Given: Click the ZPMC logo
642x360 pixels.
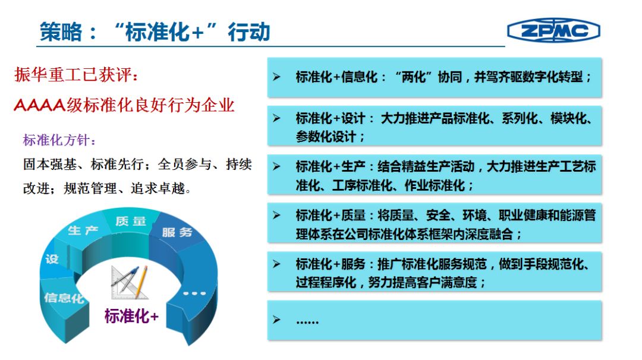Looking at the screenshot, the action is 553,30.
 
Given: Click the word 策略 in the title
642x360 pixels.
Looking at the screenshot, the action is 61,32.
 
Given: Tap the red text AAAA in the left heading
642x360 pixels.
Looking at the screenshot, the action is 40,105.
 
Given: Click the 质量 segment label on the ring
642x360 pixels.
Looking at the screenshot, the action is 131,222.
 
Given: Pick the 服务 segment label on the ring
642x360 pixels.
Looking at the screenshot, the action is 177,232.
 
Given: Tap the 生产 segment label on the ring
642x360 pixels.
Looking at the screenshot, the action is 83,230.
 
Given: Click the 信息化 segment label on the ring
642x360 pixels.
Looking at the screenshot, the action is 64,298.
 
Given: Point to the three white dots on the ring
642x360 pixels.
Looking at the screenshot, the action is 194,293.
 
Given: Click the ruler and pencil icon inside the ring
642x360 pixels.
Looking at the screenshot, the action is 130,282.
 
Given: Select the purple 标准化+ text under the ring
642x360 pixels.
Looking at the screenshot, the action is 131,316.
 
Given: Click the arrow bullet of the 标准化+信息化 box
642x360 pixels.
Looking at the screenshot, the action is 277,77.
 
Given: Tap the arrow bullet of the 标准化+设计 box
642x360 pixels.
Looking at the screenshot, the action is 277,118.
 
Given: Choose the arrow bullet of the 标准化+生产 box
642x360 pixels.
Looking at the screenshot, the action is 277,166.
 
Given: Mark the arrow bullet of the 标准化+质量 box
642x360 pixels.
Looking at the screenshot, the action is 277,215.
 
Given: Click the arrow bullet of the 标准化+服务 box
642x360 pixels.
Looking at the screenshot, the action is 277,264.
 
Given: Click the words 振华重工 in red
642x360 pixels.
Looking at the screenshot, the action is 48,74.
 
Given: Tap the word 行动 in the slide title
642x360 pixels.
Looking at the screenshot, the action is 249,32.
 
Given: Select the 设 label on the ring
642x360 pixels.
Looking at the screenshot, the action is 52,260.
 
